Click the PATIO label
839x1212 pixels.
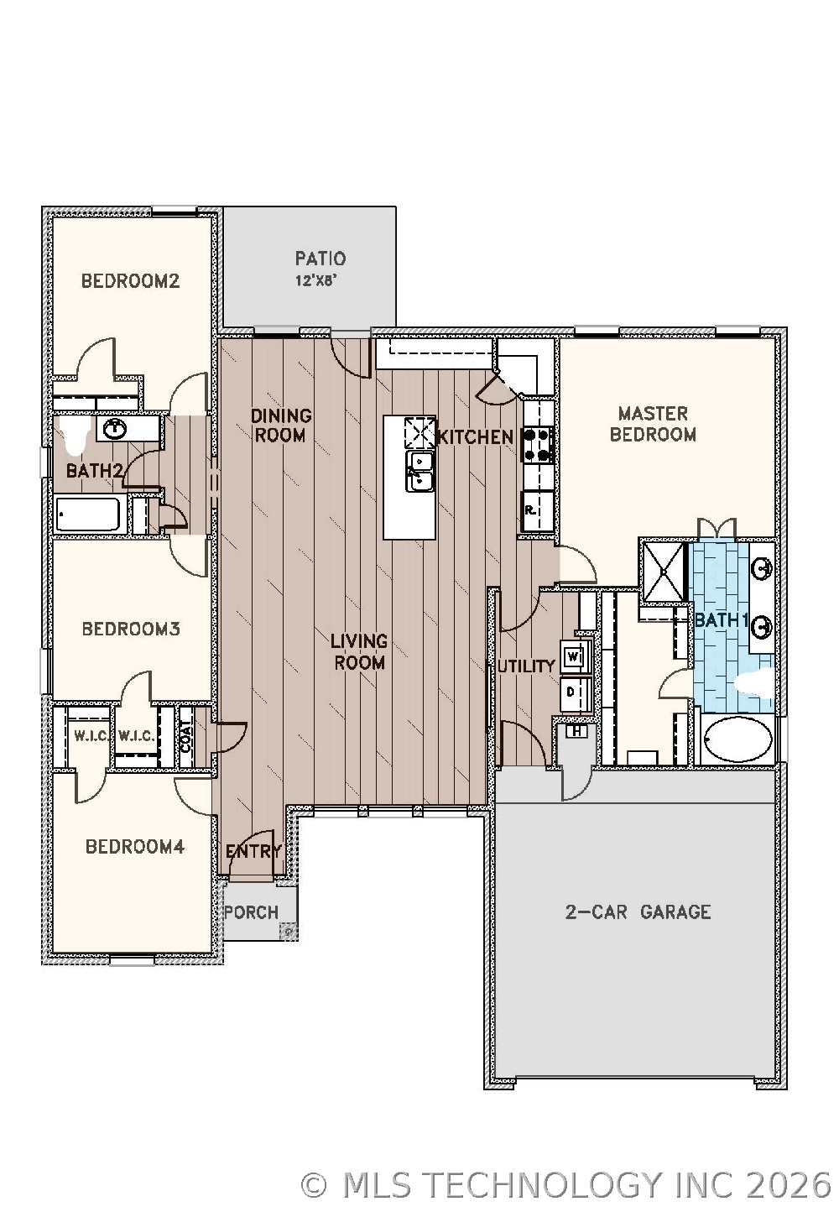coord(320,259)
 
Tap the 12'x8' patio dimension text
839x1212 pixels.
coord(315,281)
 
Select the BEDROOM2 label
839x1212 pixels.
coord(130,280)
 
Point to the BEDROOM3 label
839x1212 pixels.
coord(131,629)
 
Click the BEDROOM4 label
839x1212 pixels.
coord(134,846)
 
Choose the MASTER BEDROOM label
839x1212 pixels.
coord(653,424)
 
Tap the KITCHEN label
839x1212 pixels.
coord(475,436)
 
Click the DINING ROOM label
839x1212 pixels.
coord(281,425)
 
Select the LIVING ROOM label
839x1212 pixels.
coord(359,651)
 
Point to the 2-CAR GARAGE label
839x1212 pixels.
coord(638,912)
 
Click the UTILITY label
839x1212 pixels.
coord(526,666)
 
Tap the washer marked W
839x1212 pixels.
coord(574,656)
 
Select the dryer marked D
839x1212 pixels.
coord(571,692)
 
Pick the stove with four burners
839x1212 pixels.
coord(538,445)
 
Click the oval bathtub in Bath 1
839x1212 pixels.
coord(737,739)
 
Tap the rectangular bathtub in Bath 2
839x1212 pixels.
coord(88,515)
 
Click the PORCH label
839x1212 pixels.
coord(252,912)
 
